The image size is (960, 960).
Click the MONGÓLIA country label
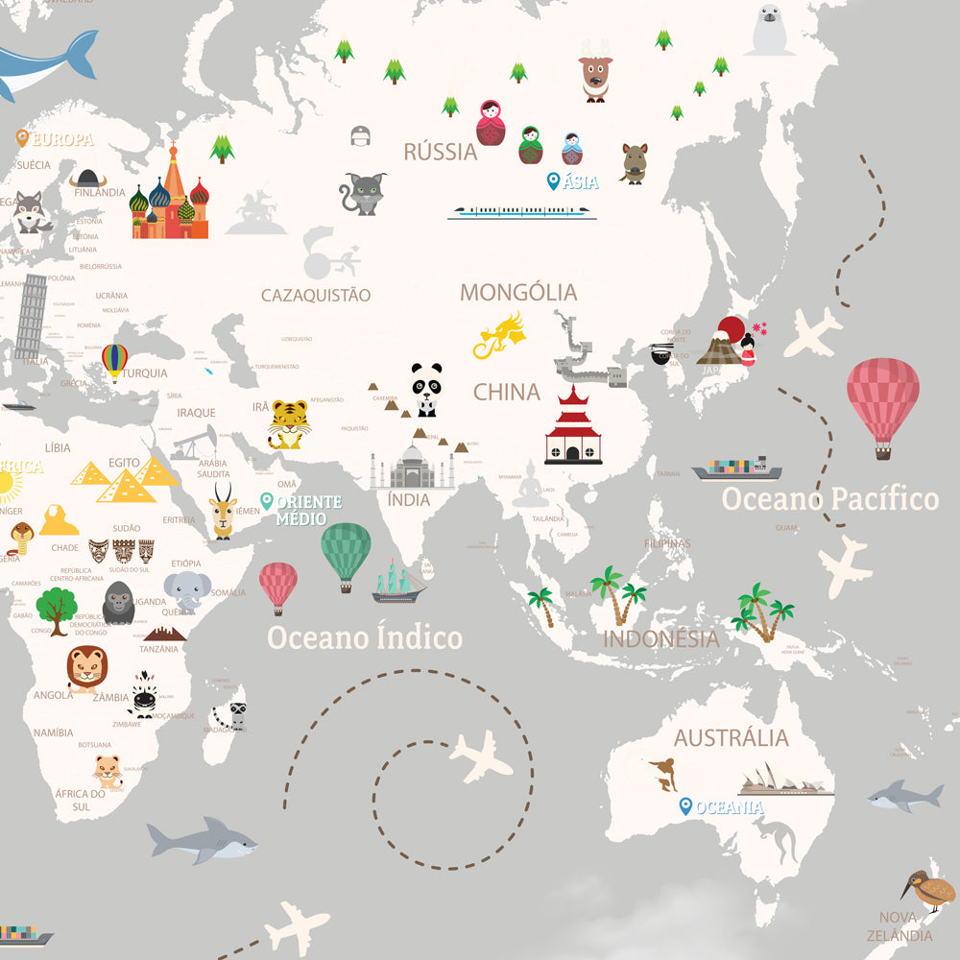pos(518,292)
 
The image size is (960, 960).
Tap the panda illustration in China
pos(426,389)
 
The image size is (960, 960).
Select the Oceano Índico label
pos(365,637)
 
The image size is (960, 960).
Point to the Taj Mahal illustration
pos(413,466)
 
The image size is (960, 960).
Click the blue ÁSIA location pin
pos(553,181)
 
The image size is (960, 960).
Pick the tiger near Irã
pos(288,423)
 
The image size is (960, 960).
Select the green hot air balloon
pos(346,553)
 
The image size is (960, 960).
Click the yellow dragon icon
pos(501,335)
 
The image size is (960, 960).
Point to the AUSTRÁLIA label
pos(731,737)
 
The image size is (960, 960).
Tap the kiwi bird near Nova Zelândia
pos(929,889)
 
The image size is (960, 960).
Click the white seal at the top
pos(773,30)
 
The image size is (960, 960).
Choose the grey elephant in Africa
pos(186,590)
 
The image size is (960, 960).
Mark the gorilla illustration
pos(119,602)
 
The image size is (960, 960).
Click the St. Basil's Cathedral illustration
pos(170,196)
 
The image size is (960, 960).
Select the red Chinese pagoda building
pos(573,427)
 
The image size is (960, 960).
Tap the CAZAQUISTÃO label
pos(316,295)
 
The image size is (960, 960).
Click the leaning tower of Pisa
pos(31,317)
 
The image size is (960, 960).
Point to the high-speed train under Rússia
pos(521,211)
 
